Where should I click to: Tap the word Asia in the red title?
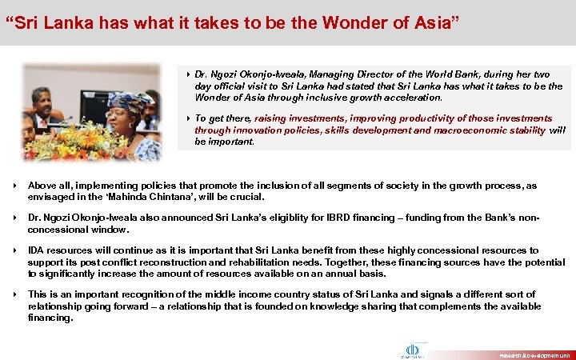(x=431, y=22)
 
